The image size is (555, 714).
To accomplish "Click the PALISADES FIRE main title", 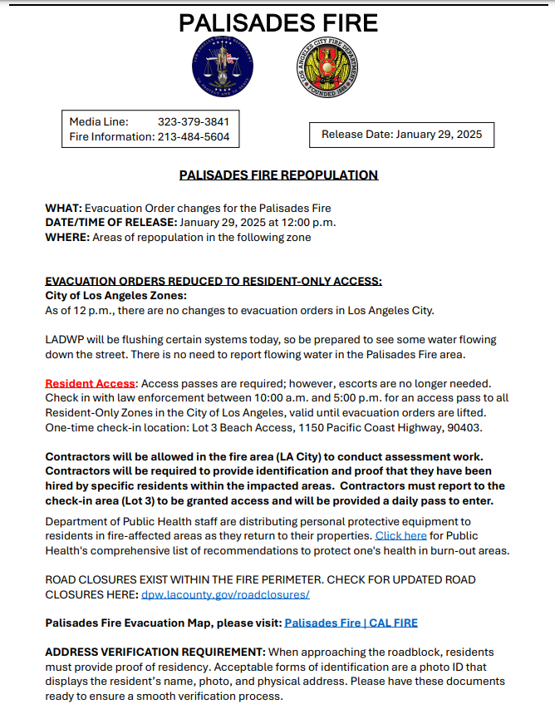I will [x=278, y=22].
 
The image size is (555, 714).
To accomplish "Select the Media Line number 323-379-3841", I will [x=193, y=121].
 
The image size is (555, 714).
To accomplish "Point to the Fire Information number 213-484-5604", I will [x=193, y=136].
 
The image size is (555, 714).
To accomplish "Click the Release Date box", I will [x=401, y=134].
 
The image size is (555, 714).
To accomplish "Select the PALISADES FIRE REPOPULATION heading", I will [x=278, y=175].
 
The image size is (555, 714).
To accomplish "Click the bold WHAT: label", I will [x=63, y=208].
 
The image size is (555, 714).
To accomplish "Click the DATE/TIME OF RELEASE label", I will [x=111, y=223].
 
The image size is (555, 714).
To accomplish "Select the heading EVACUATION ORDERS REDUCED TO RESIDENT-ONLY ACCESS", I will [x=213, y=282].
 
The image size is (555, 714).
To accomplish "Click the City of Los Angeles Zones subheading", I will [x=115, y=296].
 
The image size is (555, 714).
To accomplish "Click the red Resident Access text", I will [x=90, y=383].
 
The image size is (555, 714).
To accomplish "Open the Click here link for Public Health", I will [x=400, y=536].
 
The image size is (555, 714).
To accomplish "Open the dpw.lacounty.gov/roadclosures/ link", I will [x=225, y=594].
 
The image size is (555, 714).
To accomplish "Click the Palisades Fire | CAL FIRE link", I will [x=351, y=623].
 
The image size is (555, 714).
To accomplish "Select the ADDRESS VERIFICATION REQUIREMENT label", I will [x=155, y=652].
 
